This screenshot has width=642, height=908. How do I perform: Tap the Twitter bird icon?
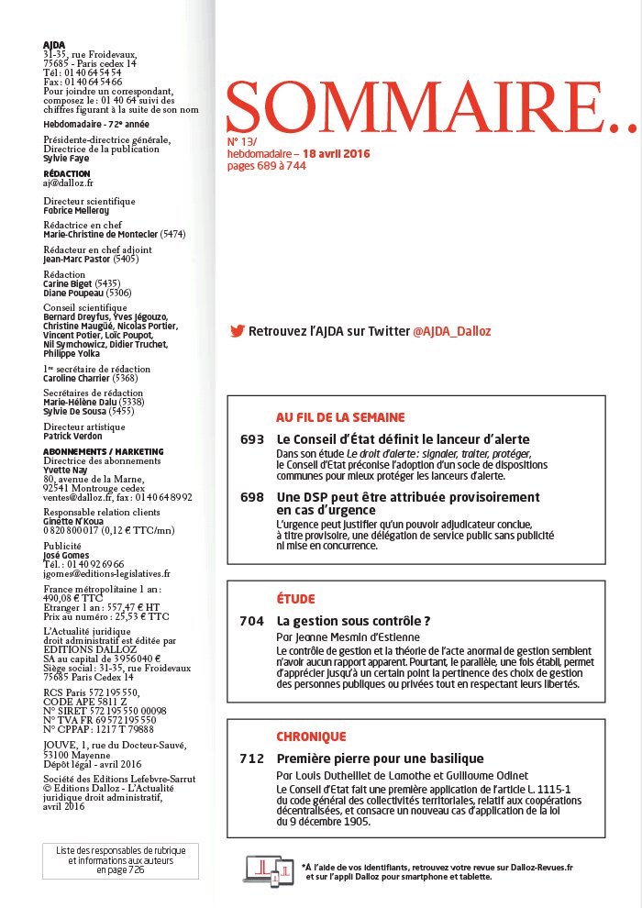237,330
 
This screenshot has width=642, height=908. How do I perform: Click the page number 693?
251,439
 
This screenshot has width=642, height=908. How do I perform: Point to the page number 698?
251,496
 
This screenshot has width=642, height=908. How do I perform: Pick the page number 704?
251,621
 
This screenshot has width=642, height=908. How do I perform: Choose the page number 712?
251,759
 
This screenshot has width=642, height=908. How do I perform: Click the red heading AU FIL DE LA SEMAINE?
340,416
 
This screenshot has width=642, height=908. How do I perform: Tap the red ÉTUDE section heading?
295,599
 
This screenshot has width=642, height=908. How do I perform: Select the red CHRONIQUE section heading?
311,736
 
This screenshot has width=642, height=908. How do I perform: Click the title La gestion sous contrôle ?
354,621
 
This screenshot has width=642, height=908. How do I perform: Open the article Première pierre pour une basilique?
380,759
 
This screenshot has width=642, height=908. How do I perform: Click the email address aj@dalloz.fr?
69,183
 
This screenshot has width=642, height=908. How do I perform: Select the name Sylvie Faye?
65,158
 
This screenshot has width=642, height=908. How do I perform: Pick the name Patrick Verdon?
73,437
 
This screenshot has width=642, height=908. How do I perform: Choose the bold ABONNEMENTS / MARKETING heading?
103,452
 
